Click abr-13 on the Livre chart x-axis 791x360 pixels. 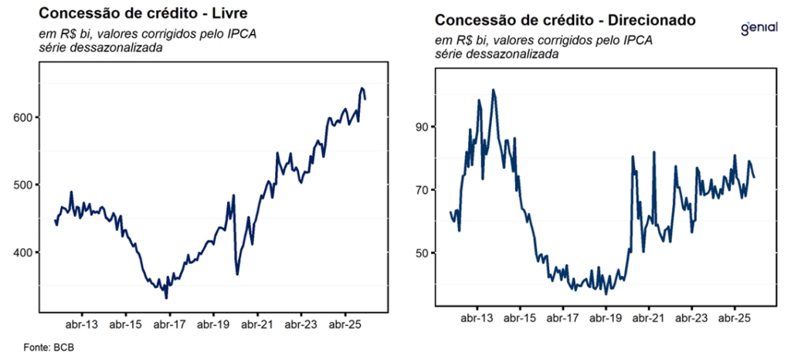82,325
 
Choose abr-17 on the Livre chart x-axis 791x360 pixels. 168,325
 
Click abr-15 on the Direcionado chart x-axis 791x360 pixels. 521,318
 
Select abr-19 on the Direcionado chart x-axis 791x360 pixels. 606,318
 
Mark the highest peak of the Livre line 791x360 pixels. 362,88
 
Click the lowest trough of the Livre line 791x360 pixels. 166,297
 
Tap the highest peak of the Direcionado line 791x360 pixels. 493,90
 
